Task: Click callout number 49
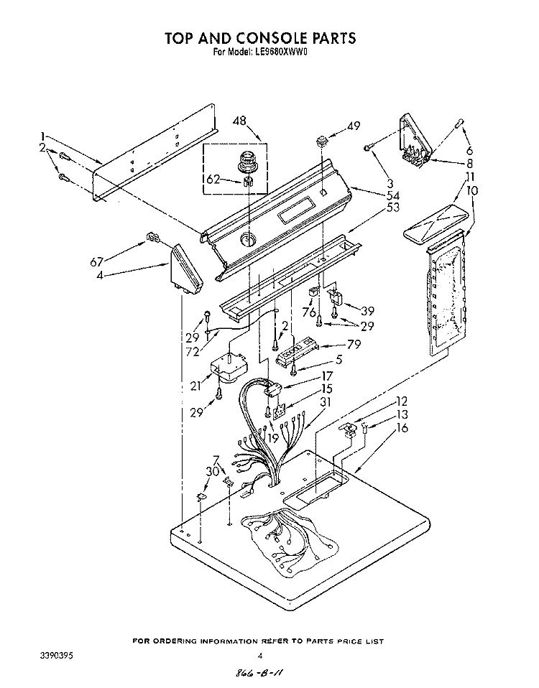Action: [x=353, y=126]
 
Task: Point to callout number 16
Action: [x=402, y=428]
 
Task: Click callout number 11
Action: [x=469, y=177]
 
